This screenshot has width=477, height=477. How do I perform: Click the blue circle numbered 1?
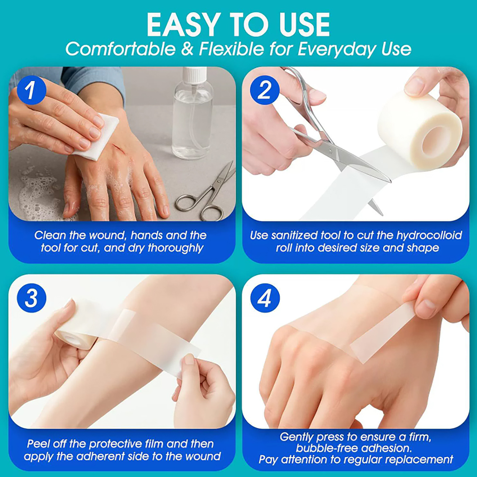31,90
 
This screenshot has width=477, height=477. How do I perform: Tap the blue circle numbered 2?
265,90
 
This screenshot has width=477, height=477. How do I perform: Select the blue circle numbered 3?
31,298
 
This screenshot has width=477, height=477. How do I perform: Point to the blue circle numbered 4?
265,298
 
